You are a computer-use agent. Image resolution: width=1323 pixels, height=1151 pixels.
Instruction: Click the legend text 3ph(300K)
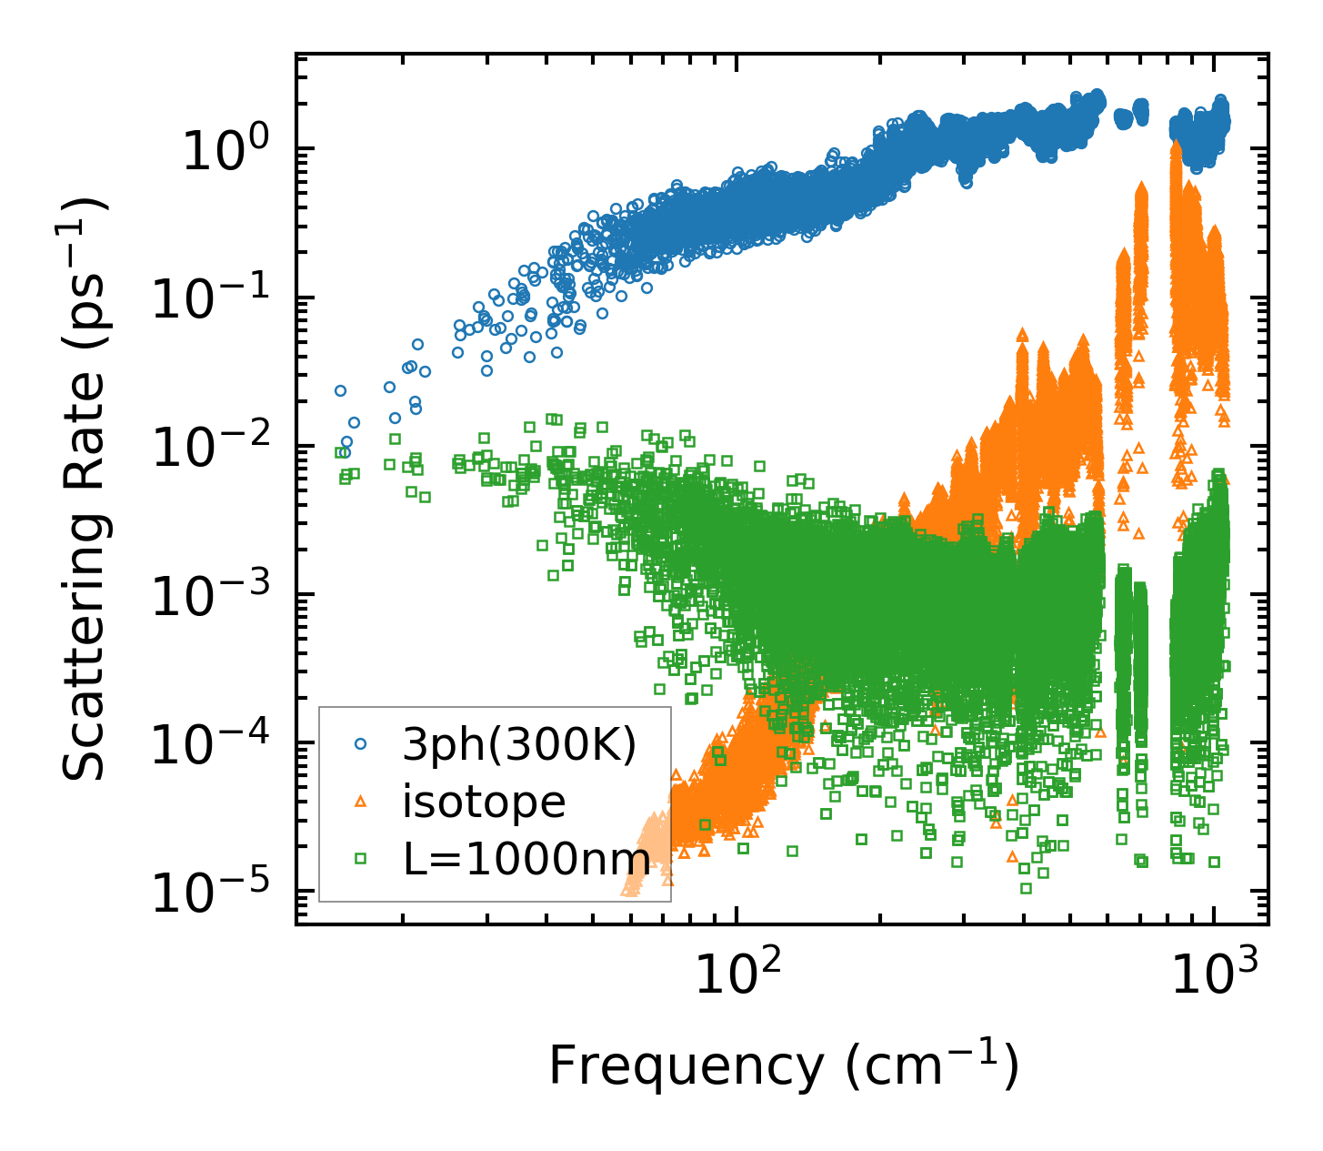(x=519, y=745)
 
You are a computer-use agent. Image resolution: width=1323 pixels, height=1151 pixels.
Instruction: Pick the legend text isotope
(x=485, y=802)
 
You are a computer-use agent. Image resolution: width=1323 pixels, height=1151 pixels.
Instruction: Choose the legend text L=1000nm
(x=526, y=858)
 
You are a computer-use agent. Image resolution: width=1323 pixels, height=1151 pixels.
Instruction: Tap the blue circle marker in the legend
(x=361, y=744)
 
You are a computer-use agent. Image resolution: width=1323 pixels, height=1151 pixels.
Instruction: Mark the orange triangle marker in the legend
(x=361, y=802)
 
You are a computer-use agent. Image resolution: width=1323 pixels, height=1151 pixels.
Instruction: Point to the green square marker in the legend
(x=361, y=858)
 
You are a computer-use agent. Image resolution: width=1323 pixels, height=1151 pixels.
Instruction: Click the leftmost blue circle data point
(x=340, y=390)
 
